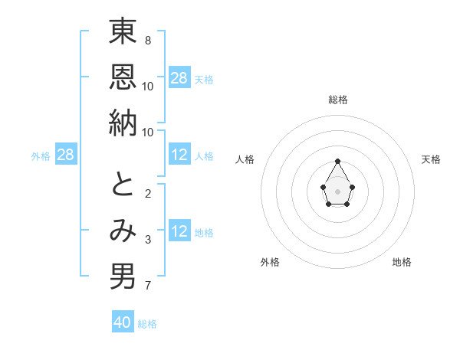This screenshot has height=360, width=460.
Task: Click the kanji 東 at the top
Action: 123,33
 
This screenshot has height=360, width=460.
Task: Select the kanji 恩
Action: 123,77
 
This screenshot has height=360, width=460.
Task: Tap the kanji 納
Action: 123,123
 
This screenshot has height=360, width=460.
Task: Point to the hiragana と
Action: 123,184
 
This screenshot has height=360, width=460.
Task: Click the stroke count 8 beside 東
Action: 147,40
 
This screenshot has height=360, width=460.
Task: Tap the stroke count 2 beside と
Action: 147,193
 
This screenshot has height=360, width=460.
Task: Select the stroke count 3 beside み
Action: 147,240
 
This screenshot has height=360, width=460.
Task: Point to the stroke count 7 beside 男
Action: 147,286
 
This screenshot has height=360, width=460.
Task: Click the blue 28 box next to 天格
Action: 179,77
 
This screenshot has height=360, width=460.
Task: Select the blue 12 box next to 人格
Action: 179,155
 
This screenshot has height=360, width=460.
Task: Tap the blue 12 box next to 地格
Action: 179,231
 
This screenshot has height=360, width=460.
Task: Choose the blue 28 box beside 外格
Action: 66,155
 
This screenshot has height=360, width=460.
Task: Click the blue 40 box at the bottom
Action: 123,322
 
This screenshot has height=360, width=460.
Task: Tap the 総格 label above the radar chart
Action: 338,100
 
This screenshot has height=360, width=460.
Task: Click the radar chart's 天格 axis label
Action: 432,159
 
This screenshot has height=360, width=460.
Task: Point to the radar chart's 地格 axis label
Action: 402,262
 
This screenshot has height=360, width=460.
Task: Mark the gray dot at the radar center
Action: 337,190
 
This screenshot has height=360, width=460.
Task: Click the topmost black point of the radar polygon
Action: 337,161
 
